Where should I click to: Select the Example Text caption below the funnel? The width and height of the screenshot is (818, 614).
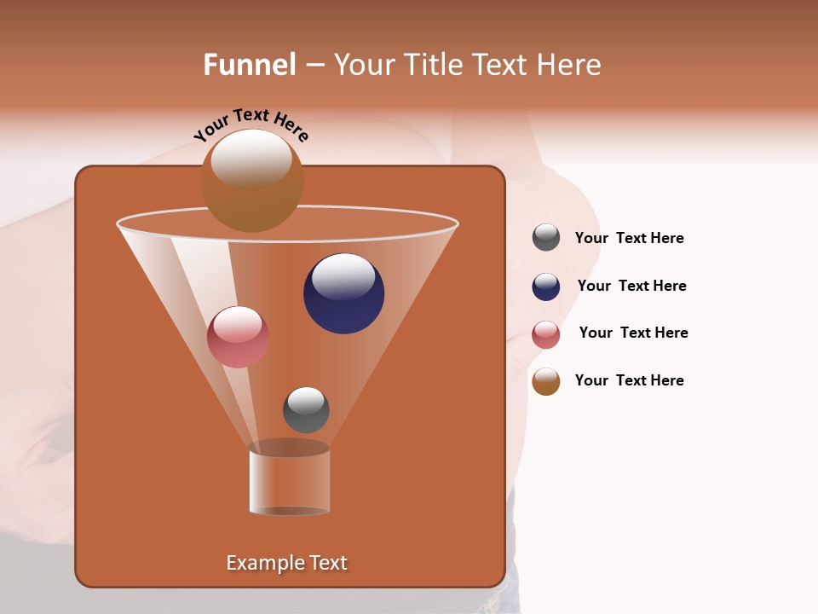(x=286, y=563)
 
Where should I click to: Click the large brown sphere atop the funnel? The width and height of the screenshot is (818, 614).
(x=251, y=181)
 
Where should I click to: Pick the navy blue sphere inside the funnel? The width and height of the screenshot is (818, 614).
(x=343, y=293)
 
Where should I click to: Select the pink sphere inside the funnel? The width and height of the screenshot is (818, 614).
(x=238, y=337)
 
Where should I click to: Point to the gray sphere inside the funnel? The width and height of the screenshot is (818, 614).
(x=306, y=410)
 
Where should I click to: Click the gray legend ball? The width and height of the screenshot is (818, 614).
(x=546, y=238)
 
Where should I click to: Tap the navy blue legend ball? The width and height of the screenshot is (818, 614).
(x=546, y=287)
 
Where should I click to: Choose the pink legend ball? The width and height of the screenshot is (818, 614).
(x=546, y=334)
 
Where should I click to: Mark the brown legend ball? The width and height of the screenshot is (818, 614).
(x=546, y=381)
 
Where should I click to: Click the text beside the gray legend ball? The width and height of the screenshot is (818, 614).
(x=629, y=238)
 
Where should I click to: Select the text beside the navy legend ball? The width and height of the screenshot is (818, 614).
(x=631, y=286)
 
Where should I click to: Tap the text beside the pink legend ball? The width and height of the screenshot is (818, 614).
(x=633, y=333)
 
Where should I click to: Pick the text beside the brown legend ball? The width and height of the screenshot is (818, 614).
(x=629, y=380)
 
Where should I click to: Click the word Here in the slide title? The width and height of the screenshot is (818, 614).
(x=570, y=65)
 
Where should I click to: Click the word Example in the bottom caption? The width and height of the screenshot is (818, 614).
(x=258, y=563)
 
